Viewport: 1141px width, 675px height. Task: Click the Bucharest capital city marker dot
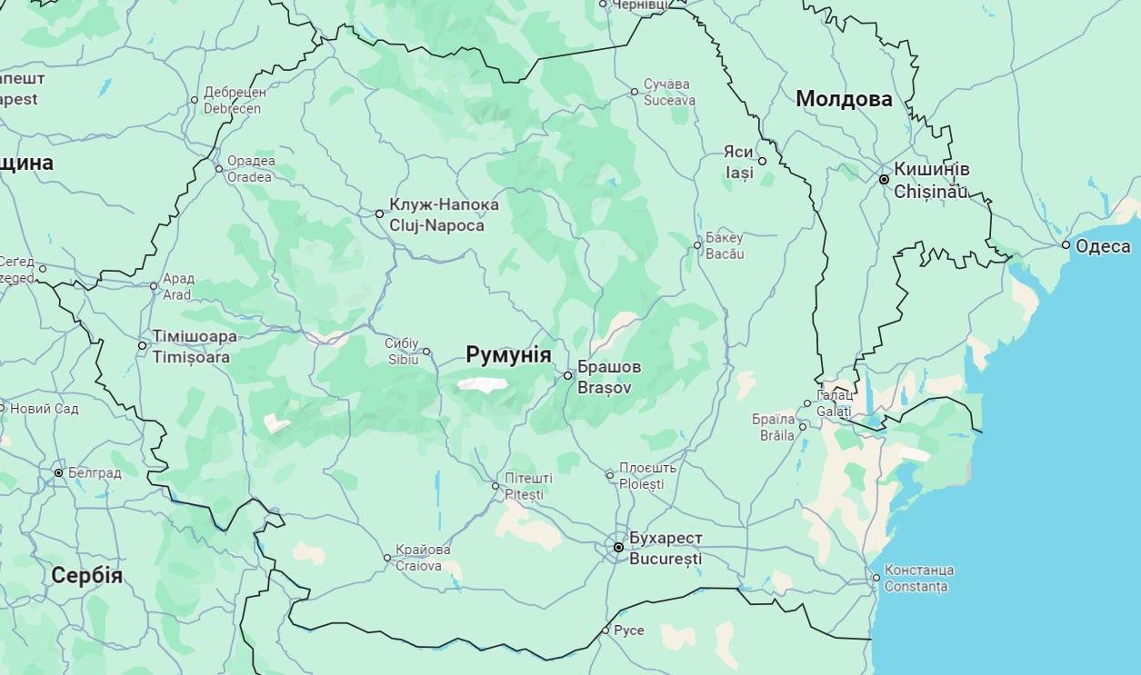(618, 548)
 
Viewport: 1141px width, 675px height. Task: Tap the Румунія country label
(508, 354)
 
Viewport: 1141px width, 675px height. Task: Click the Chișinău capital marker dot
(884, 180)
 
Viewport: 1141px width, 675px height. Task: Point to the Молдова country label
(844, 99)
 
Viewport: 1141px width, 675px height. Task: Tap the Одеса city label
(1102, 246)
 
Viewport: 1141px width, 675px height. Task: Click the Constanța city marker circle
(876, 578)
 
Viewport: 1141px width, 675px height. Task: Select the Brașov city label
(609, 377)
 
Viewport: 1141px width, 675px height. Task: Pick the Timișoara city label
(195, 346)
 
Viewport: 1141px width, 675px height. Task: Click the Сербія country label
(86, 575)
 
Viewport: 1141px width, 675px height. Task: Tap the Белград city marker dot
(58, 473)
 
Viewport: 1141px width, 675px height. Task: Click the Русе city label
(628, 630)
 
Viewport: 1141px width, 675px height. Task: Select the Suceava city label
(668, 93)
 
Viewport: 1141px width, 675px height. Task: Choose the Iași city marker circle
(762, 161)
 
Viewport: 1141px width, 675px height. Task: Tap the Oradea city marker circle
(218, 168)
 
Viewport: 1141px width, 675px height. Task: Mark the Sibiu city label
(402, 351)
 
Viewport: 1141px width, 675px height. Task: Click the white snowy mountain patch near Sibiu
(482, 384)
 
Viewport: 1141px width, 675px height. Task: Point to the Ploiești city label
(647, 476)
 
